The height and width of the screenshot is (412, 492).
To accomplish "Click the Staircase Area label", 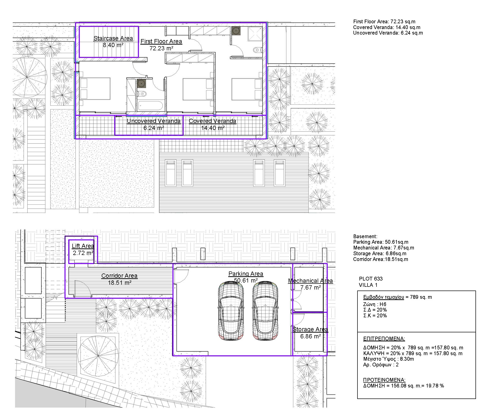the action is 113,38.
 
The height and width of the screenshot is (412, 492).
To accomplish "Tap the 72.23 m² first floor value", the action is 162,48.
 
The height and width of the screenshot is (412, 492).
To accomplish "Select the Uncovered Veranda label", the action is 154,121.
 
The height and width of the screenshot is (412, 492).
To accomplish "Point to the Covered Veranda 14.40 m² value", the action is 213,128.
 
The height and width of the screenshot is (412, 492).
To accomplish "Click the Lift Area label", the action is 83,246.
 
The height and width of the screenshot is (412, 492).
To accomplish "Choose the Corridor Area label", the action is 119,276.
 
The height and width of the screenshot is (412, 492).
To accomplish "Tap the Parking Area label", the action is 246,274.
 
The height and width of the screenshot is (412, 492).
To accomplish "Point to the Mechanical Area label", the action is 310,281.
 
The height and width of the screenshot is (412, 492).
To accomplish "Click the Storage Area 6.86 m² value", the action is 310,336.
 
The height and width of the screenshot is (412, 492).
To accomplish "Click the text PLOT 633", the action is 371,279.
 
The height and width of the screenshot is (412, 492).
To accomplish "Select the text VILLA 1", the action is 368,285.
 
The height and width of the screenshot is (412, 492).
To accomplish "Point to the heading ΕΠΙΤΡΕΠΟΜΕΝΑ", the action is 384,339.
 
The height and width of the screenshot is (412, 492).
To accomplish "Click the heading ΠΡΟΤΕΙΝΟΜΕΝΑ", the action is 384,380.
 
